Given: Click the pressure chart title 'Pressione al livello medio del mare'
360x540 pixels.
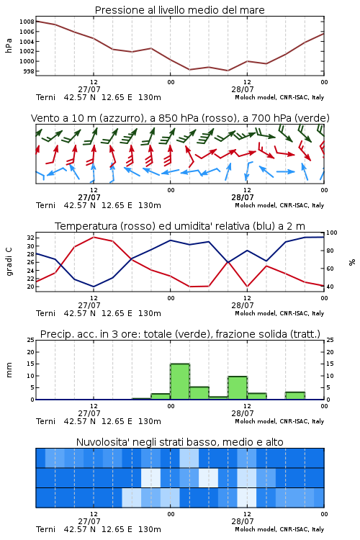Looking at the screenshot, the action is coord(179,10).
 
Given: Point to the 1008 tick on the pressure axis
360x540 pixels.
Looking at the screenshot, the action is coord(27,22).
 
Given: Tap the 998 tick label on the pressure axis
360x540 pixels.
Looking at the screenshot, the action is coord(29,71).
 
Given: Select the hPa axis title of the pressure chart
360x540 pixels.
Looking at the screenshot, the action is coord(9,46).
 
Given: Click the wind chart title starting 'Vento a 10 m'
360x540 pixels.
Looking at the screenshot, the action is coord(180,118).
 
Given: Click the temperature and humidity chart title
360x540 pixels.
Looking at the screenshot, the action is coord(180,226).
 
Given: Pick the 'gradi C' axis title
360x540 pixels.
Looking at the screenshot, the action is coord(9,262).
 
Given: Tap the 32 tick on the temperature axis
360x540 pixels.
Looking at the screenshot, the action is coord(30,238).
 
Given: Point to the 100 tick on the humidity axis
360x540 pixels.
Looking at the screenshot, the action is coord(331,233).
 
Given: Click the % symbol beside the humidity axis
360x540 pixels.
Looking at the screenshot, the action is coord(352,262).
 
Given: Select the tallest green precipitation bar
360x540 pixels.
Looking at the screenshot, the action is coord(180,382).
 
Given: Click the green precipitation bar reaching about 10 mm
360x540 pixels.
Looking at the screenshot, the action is coord(238,388).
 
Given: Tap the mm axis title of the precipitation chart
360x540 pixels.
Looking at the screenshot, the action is coord(9,370).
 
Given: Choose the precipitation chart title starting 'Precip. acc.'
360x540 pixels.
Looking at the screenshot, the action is coord(180,334).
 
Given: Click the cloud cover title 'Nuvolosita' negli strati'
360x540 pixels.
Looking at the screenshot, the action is coord(179,442).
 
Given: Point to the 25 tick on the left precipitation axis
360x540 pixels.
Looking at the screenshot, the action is coord(31,340).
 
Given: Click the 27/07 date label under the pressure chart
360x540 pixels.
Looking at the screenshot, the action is coord(89,89).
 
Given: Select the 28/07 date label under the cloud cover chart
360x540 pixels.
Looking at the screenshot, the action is coord(243,521).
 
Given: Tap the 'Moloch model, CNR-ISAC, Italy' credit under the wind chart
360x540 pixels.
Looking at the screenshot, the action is coord(279,205).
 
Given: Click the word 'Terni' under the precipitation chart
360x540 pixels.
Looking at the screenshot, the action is coord(45,421).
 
